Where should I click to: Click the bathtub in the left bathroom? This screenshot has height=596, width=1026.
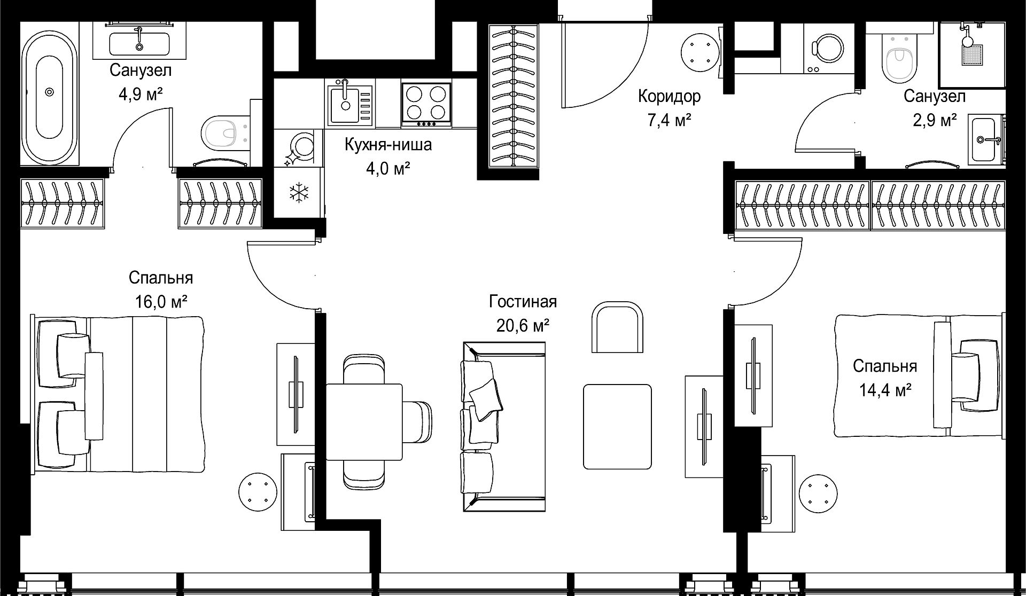(x=49, y=92)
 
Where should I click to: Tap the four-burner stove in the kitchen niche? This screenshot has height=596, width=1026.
(x=426, y=104)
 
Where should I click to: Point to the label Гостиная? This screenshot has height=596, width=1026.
(x=523, y=302)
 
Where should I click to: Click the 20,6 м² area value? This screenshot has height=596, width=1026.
(x=523, y=325)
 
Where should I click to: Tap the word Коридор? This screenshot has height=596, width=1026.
(x=669, y=97)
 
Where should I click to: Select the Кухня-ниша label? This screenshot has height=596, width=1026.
(x=388, y=145)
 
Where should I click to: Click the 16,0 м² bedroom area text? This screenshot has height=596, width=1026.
(x=161, y=302)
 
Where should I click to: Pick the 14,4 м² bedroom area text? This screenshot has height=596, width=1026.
(x=885, y=390)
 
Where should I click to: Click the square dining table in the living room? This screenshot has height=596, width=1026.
(x=364, y=422)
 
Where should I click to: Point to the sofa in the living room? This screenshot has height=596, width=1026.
(x=504, y=427)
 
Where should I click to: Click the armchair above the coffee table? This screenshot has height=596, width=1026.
(x=617, y=327)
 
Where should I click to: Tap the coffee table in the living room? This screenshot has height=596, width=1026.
(x=617, y=427)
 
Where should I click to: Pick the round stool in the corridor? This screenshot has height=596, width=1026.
(x=699, y=51)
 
